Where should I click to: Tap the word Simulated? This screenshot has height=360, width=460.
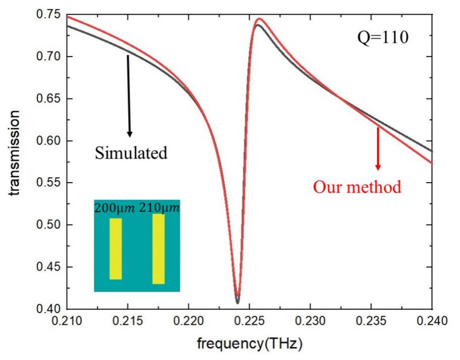[131, 153]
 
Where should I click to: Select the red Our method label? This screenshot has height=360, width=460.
[357, 187]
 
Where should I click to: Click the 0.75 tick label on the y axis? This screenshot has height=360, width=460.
[49, 15]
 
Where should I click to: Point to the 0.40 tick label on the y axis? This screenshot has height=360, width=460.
[49, 309]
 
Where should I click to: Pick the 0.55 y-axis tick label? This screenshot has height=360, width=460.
[49, 183]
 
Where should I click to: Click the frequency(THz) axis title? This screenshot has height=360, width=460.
[250, 344]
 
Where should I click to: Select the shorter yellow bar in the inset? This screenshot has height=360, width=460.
[116, 249]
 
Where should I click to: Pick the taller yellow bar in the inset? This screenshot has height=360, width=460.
[159, 249]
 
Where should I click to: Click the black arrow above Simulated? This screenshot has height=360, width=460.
[129, 96]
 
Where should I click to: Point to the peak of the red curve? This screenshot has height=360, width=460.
[259, 19]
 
